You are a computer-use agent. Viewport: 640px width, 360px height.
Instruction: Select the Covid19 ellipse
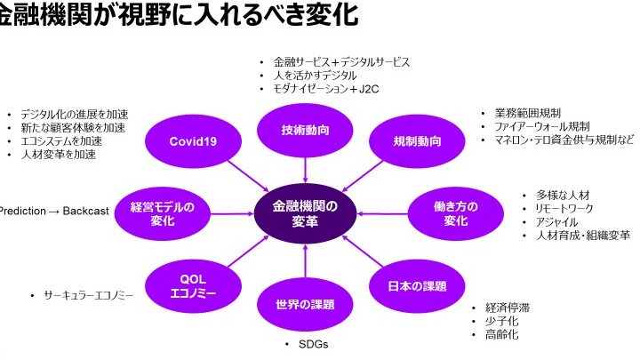(x=193, y=140)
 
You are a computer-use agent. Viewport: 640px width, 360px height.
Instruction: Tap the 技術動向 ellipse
(x=305, y=130)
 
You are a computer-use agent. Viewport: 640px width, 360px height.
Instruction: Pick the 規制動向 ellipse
(x=417, y=140)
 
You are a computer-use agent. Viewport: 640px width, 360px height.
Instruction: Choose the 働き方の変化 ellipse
(x=455, y=213)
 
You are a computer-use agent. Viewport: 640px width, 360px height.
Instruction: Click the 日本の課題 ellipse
(x=417, y=285)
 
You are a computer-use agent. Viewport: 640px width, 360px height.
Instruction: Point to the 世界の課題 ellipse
(x=305, y=305)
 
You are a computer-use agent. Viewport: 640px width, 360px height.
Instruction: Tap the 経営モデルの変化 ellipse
(x=162, y=213)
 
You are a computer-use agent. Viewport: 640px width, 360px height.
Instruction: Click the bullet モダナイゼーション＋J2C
(x=325, y=90)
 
